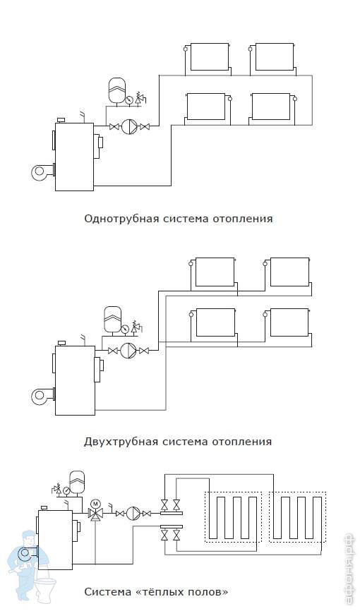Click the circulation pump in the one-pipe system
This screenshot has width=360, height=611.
[x=128, y=126]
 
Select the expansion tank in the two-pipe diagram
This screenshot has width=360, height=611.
[x=112, y=320]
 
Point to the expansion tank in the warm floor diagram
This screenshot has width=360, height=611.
[x=77, y=483]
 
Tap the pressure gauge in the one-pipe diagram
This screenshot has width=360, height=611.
[x=128, y=99]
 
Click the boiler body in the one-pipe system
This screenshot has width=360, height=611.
[x=75, y=157]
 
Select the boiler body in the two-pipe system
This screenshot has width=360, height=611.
[x=76, y=380]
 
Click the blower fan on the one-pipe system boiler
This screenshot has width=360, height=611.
[x=42, y=172]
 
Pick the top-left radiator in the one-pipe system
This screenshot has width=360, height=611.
[x=209, y=57]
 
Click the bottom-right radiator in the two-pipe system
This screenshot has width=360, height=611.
[x=289, y=322]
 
